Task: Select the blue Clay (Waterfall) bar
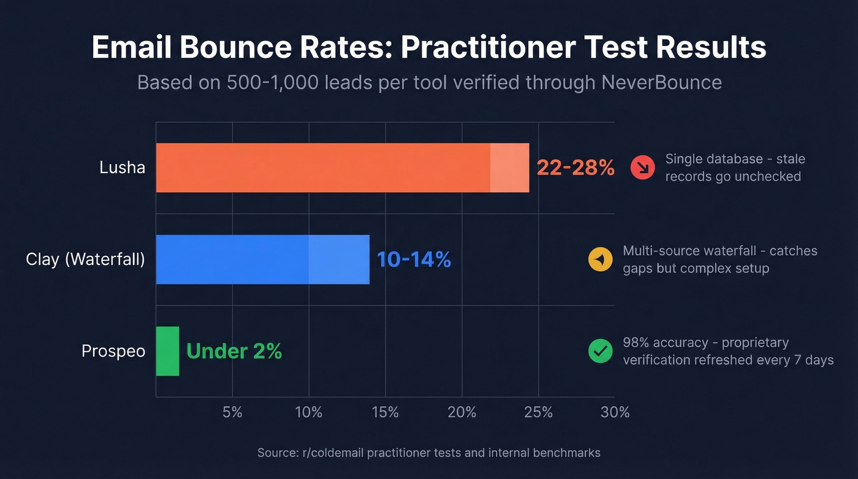click(262, 259)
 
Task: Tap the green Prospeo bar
click(167, 351)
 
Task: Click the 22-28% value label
click(575, 167)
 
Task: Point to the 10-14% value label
click(414, 259)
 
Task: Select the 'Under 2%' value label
click(233, 351)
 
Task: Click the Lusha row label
click(122, 167)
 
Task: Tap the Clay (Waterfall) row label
click(85, 259)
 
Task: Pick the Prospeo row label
click(113, 351)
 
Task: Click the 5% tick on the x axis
click(232, 412)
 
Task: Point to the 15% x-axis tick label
click(385, 412)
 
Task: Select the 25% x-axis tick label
click(538, 412)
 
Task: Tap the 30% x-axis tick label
click(615, 412)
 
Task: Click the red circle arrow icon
click(642, 167)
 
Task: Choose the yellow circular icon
click(600, 259)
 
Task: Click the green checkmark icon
click(600, 351)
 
